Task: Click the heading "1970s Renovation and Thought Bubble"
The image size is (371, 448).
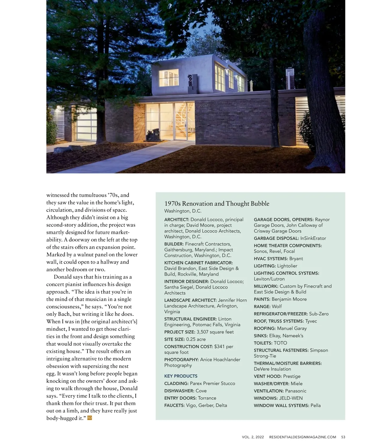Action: point(217,204)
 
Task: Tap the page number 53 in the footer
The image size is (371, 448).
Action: point(343,437)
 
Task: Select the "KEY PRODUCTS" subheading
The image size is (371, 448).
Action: point(181,376)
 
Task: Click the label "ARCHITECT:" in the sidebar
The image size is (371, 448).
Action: point(177,220)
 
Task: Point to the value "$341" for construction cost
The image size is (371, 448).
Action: point(220,347)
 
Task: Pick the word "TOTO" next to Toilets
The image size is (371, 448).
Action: point(280,343)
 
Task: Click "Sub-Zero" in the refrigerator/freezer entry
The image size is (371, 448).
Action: point(319,314)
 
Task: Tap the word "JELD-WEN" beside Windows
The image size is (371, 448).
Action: point(291,398)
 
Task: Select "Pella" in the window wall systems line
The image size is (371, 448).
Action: point(315,405)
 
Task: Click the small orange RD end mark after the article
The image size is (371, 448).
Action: point(90,418)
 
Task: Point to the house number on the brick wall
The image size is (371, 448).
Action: point(204,106)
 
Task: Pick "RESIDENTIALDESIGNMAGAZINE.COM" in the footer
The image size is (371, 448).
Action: point(302,437)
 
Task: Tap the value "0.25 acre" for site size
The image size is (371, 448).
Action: point(196,339)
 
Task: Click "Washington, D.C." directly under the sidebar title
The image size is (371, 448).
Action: point(183,211)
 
